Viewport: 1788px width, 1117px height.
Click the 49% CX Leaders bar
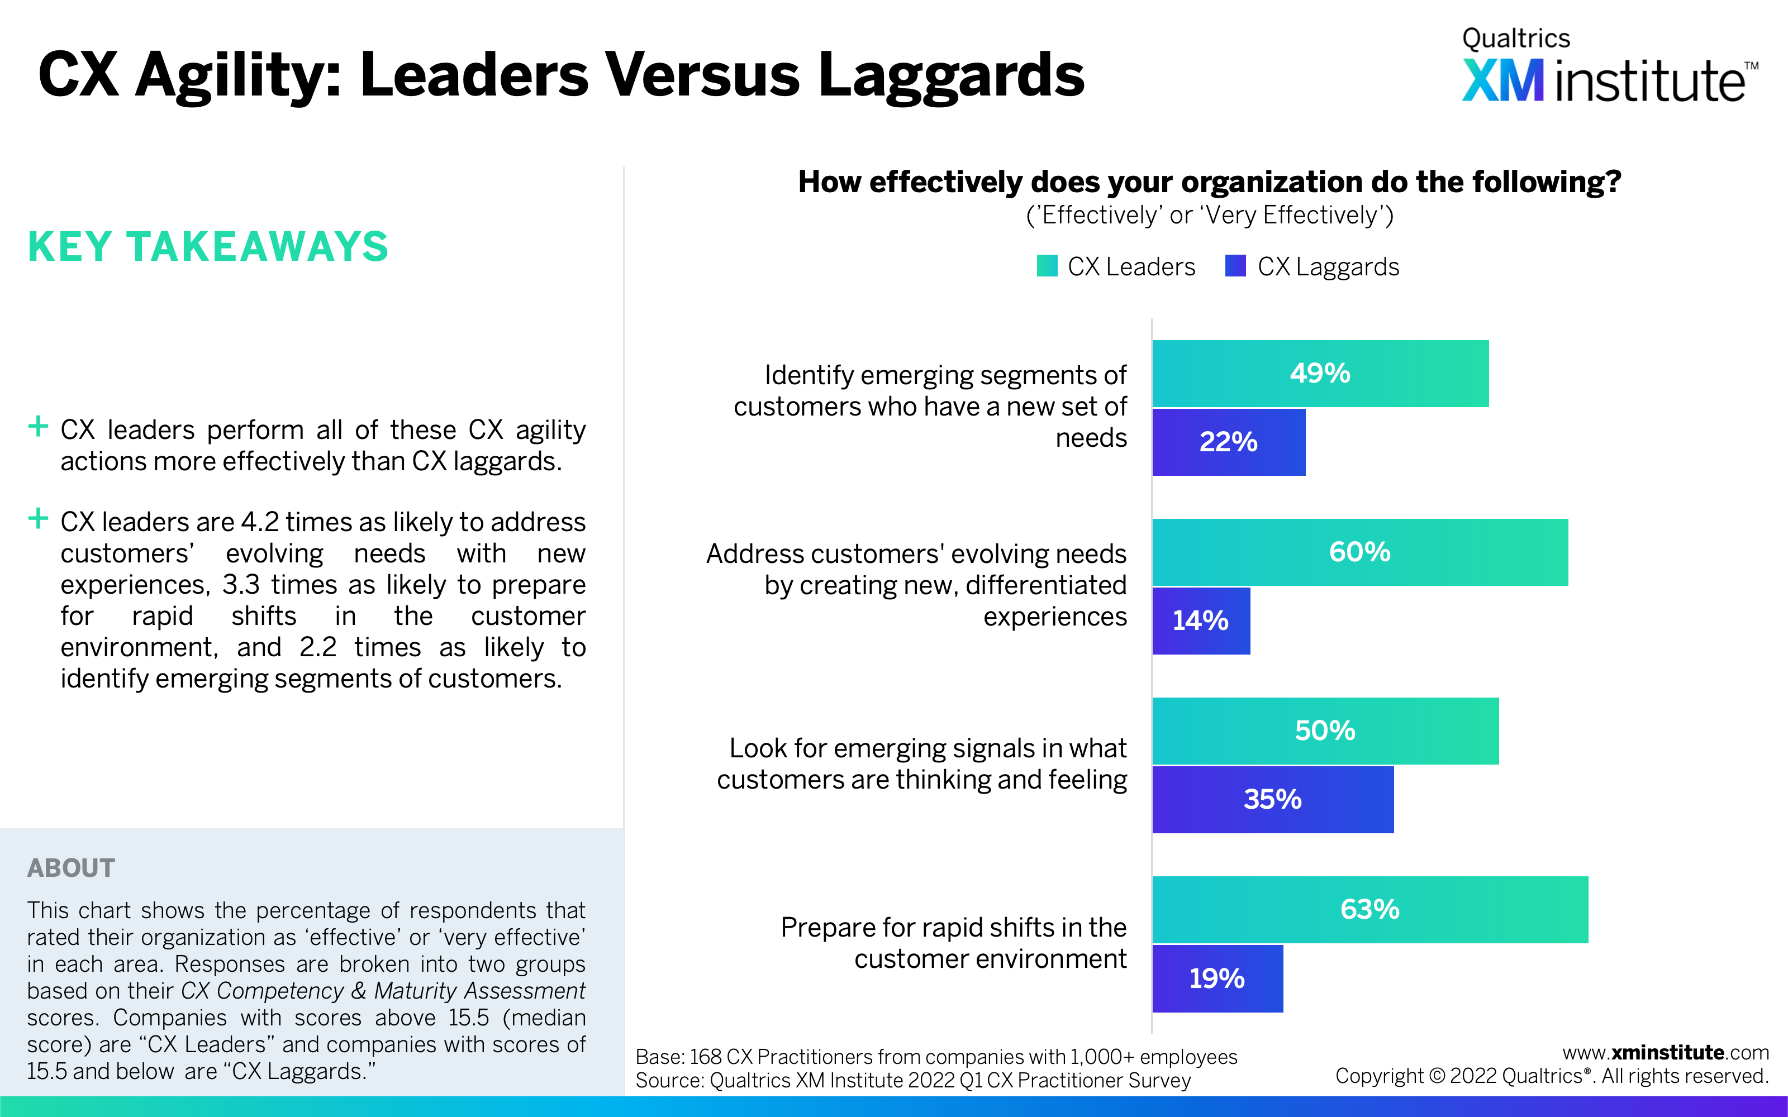[1320, 373]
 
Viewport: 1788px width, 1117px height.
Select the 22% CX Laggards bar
[1228, 442]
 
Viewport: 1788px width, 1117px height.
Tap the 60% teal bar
[1359, 552]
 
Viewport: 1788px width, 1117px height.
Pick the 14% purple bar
[1201, 620]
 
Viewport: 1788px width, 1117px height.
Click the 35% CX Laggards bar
[1272, 799]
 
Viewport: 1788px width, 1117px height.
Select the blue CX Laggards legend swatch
[1235, 266]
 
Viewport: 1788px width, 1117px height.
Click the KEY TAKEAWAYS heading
[208, 247]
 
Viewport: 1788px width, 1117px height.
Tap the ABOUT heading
[71, 868]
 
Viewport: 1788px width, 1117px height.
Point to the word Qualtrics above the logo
[1515, 39]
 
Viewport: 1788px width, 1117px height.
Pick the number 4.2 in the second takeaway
[259, 522]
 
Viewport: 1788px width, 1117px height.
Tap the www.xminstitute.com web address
[1665, 1052]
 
